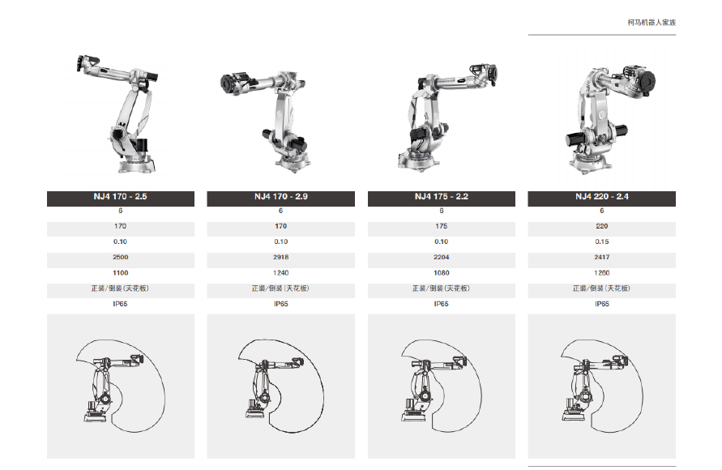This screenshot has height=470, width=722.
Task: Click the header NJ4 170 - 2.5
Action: click(x=120, y=197)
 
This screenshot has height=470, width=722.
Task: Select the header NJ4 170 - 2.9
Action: click(x=281, y=197)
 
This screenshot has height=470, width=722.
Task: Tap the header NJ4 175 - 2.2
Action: click(x=441, y=197)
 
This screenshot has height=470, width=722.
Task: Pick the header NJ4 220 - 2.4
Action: click(x=602, y=197)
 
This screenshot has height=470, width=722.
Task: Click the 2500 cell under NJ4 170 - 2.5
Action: click(x=120, y=258)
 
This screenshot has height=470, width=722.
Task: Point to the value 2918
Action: click(x=281, y=258)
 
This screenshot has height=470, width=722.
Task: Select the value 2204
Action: click(x=441, y=258)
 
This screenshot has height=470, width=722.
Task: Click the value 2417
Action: click(x=602, y=258)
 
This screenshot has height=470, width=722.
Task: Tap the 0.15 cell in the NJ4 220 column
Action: click(x=602, y=241)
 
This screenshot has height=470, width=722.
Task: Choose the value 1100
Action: click(x=120, y=273)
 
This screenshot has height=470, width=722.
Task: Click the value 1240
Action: click(x=281, y=273)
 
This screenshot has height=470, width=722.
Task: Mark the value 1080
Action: click(x=441, y=273)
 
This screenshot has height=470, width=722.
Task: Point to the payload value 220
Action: click(x=602, y=226)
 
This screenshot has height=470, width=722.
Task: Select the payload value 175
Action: click(x=441, y=226)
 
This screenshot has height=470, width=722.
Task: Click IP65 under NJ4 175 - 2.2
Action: click(x=441, y=304)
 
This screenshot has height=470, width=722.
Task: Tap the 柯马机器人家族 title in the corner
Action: click(x=652, y=23)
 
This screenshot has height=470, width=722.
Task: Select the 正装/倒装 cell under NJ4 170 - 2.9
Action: click(x=281, y=288)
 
